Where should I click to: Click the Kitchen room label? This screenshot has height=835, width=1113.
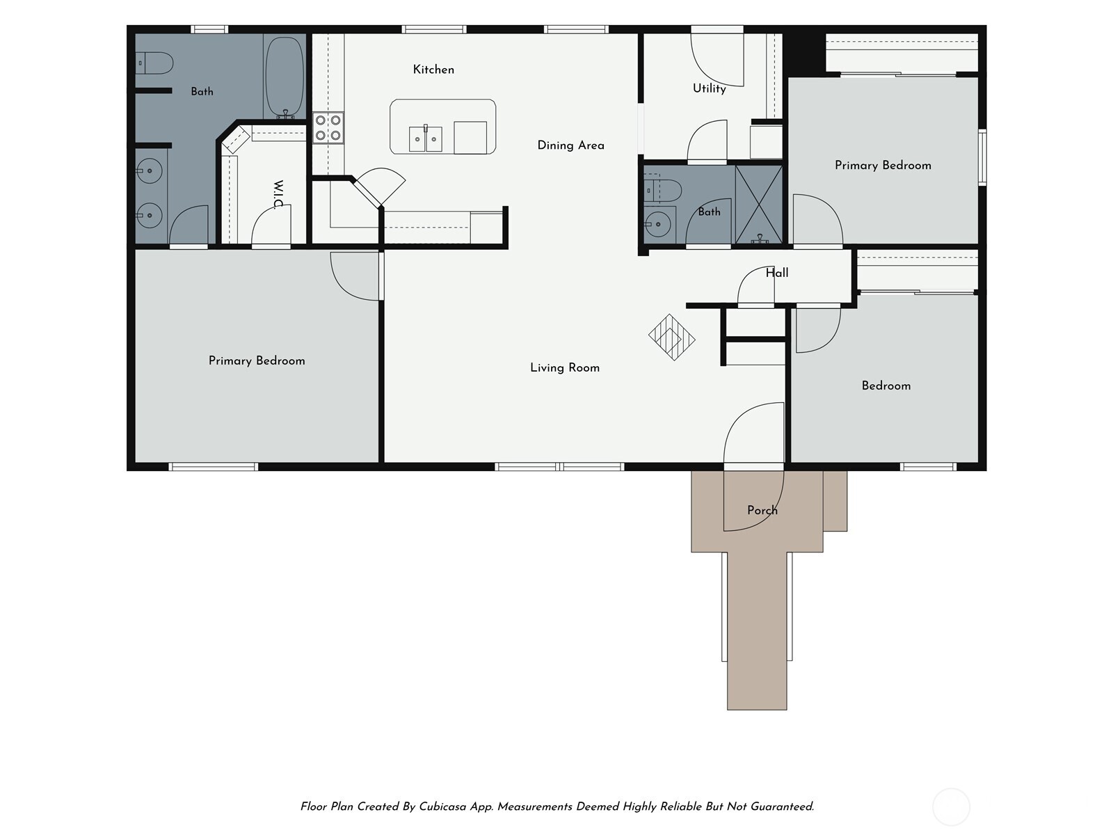[x=433, y=70]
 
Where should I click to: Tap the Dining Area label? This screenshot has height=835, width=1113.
[x=571, y=145]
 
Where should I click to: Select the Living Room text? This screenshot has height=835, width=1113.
[x=565, y=367]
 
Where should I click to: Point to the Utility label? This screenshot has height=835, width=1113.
[x=710, y=88]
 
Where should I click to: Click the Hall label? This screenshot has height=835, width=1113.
[x=777, y=273]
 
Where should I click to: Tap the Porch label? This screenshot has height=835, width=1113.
[x=762, y=510]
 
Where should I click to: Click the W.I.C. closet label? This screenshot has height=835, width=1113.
[x=278, y=195]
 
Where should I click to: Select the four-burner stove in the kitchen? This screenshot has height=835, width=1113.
[x=328, y=128]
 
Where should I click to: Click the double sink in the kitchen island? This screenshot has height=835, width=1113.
[x=426, y=138]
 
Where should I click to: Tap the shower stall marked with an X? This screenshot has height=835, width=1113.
[x=758, y=205]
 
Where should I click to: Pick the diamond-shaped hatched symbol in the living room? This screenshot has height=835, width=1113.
[x=672, y=337]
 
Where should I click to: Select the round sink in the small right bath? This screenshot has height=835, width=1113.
[x=658, y=223]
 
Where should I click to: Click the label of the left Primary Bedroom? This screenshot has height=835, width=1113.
[x=257, y=361]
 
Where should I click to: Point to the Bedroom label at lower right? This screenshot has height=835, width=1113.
[x=886, y=385]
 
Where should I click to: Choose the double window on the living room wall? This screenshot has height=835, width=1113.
[x=559, y=466]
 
